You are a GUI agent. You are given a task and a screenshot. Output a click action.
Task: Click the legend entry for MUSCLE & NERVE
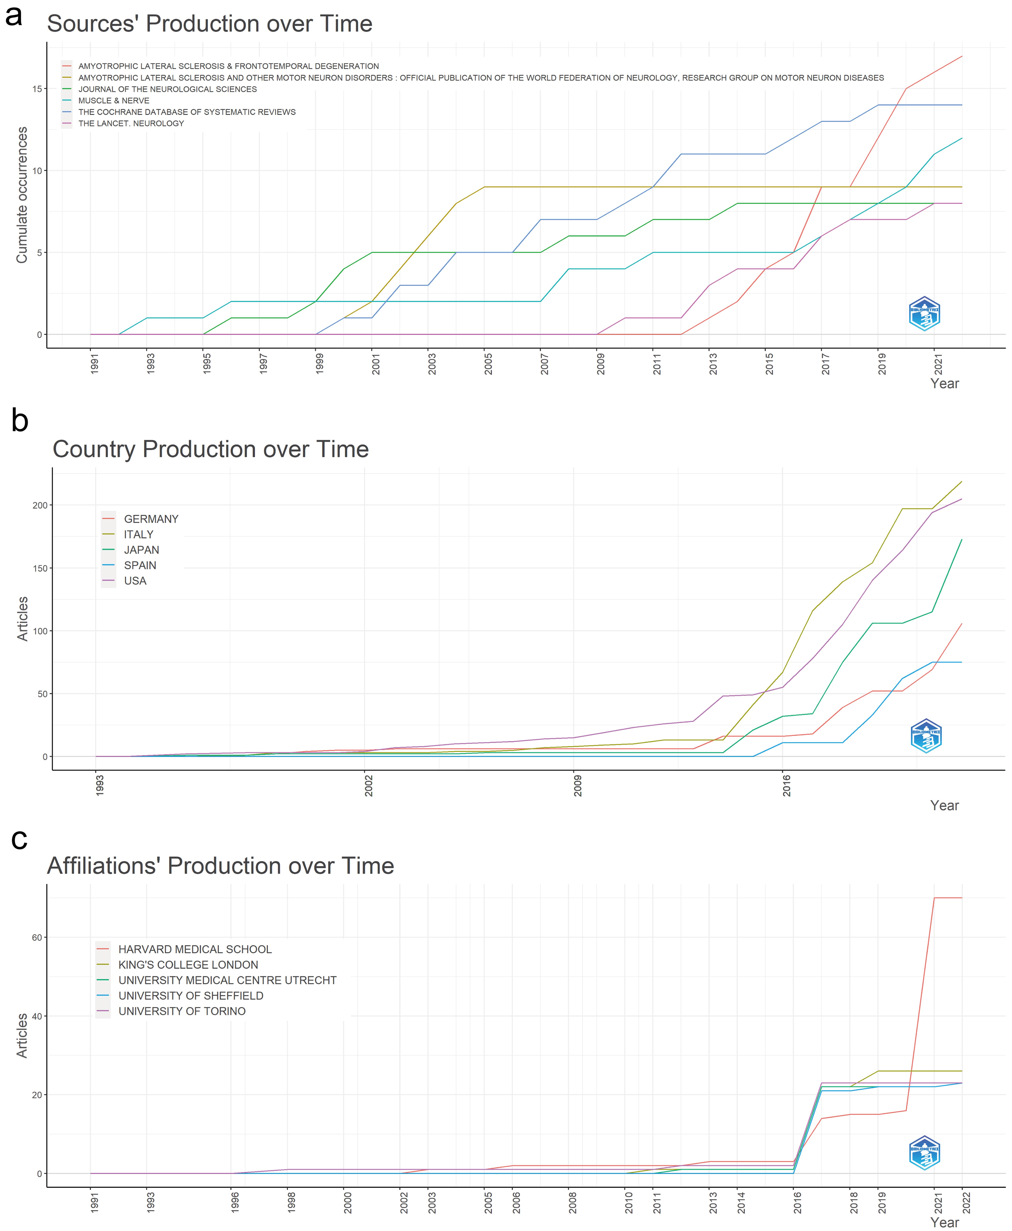click(114, 100)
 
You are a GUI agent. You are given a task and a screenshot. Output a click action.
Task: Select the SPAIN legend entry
click(140, 565)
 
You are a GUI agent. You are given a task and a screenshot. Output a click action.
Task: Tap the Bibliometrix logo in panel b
click(926, 736)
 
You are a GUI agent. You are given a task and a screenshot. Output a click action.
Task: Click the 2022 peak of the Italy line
click(961, 481)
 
